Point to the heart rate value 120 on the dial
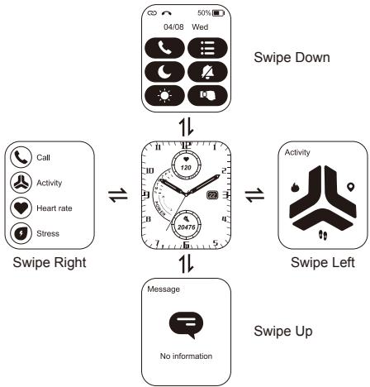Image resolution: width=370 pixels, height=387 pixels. (x=186, y=167)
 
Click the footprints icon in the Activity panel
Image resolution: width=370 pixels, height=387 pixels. (x=321, y=233)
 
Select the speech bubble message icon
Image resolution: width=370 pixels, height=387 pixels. (x=185, y=328)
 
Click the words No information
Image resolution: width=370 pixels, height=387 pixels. (x=186, y=356)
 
